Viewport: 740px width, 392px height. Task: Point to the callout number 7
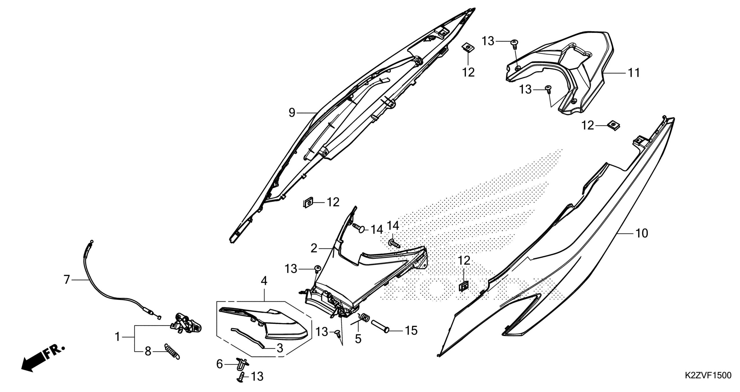click(67, 280)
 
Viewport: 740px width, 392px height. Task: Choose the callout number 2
click(314, 248)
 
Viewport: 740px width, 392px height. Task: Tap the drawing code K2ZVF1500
click(707, 384)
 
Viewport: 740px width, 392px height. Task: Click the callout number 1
click(117, 337)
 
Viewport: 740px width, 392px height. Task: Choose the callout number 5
click(358, 339)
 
